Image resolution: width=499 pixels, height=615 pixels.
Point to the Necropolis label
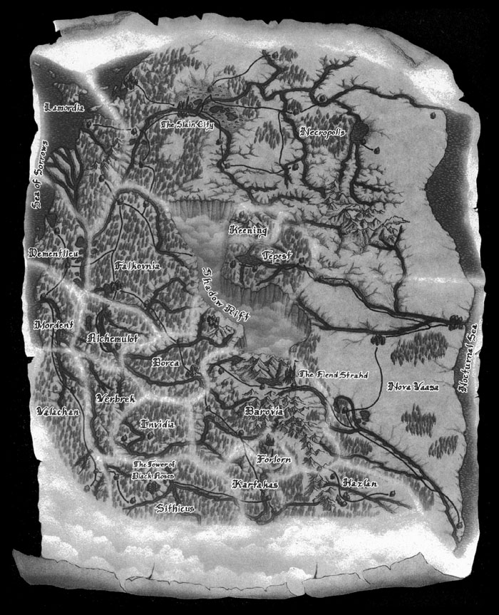point(324,133)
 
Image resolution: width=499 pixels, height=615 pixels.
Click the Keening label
point(247,230)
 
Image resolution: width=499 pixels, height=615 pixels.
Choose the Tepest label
point(277,254)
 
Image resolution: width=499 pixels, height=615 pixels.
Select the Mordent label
point(54,324)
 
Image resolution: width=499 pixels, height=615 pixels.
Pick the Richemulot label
point(112,338)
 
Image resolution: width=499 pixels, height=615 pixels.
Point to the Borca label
point(170,361)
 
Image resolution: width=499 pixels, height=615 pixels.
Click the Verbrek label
point(114,399)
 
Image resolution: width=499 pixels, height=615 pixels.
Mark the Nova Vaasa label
point(411,387)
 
